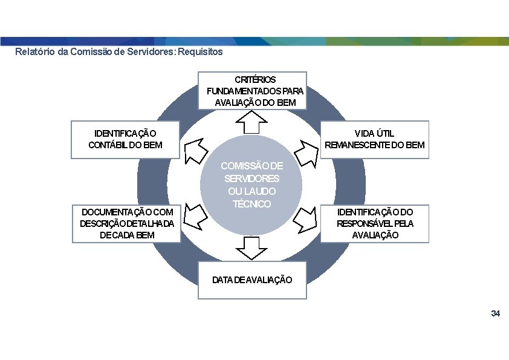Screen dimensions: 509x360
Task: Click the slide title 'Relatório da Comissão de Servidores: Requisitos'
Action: pyautogui.click(x=119, y=51)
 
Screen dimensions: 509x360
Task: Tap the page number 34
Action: pyautogui.click(x=495, y=313)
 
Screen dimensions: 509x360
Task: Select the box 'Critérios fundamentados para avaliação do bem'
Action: pyautogui.click(x=252, y=91)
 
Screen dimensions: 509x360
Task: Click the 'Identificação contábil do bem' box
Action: pyautogui.click(x=125, y=140)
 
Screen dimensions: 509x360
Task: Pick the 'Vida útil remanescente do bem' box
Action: pyautogui.click(x=375, y=140)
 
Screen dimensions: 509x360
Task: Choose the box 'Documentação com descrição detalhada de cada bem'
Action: pyautogui.click(x=126, y=223)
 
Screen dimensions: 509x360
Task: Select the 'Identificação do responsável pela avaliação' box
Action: pyautogui.click(x=375, y=223)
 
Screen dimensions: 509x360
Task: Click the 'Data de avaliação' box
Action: pyautogui.click(x=252, y=280)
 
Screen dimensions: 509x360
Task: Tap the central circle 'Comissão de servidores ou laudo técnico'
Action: pyautogui.click(x=251, y=185)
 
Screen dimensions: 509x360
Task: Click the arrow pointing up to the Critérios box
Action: pyautogui.click(x=251, y=122)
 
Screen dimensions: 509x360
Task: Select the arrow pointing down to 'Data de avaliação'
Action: pyautogui.click(x=251, y=248)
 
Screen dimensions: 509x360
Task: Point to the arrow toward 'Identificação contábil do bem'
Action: pyautogui.click(x=195, y=151)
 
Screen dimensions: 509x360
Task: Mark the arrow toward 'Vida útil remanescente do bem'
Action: pyautogui.click(x=306, y=153)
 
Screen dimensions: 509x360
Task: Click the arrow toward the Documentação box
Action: pyautogui.click(x=195, y=217)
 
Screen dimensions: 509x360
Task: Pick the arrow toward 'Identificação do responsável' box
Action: pyautogui.click(x=305, y=220)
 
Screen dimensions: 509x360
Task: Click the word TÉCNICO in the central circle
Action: pyautogui.click(x=251, y=204)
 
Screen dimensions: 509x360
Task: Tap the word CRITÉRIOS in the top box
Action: pyautogui.click(x=255, y=80)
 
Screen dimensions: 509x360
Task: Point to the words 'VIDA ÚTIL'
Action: pyautogui.click(x=374, y=133)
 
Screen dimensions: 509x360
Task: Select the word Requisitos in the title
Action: pyautogui.click(x=200, y=51)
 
